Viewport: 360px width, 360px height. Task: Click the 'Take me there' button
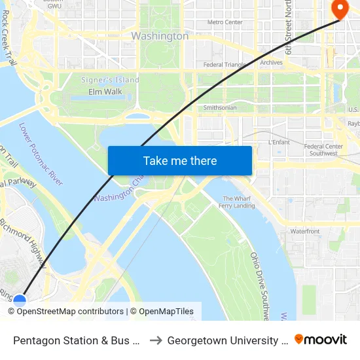tap(180, 161)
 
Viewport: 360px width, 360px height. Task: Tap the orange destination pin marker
tap(340, 9)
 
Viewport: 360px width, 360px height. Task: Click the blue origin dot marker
tap(20, 301)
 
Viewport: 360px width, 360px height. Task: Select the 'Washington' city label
tap(160, 36)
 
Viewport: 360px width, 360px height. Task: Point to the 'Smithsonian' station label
tap(220, 107)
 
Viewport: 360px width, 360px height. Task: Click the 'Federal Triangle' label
tap(224, 65)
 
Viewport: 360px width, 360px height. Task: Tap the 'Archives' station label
tap(271, 63)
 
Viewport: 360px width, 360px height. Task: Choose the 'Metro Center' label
tap(225, 22)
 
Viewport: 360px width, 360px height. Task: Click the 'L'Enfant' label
tap(279, 141)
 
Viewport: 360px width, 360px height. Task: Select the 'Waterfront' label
tap(305, 231)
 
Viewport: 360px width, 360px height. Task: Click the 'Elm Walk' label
tap(105, 92)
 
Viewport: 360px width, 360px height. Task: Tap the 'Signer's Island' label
tap(110, 80)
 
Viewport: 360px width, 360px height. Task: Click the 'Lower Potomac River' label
tap(41, 154)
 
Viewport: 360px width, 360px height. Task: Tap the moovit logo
tap(321, 340)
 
